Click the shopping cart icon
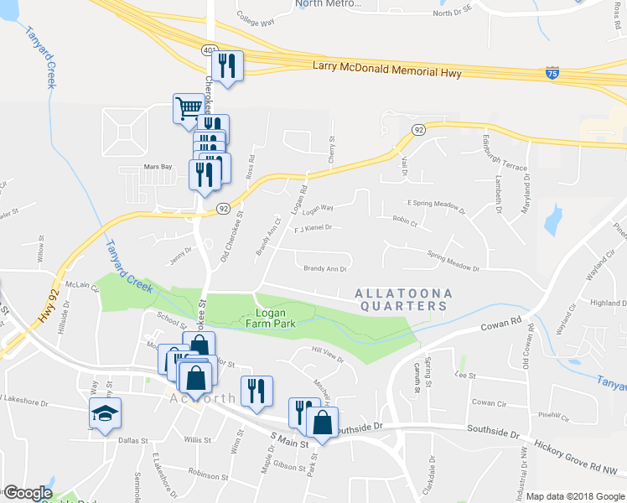189,107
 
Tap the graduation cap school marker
106,412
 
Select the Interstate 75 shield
550,75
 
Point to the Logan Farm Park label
272,318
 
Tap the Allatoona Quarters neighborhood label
403,300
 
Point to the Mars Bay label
157,167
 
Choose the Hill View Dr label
328,356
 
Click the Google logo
27,494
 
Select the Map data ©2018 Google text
575,495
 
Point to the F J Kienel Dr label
313,227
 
